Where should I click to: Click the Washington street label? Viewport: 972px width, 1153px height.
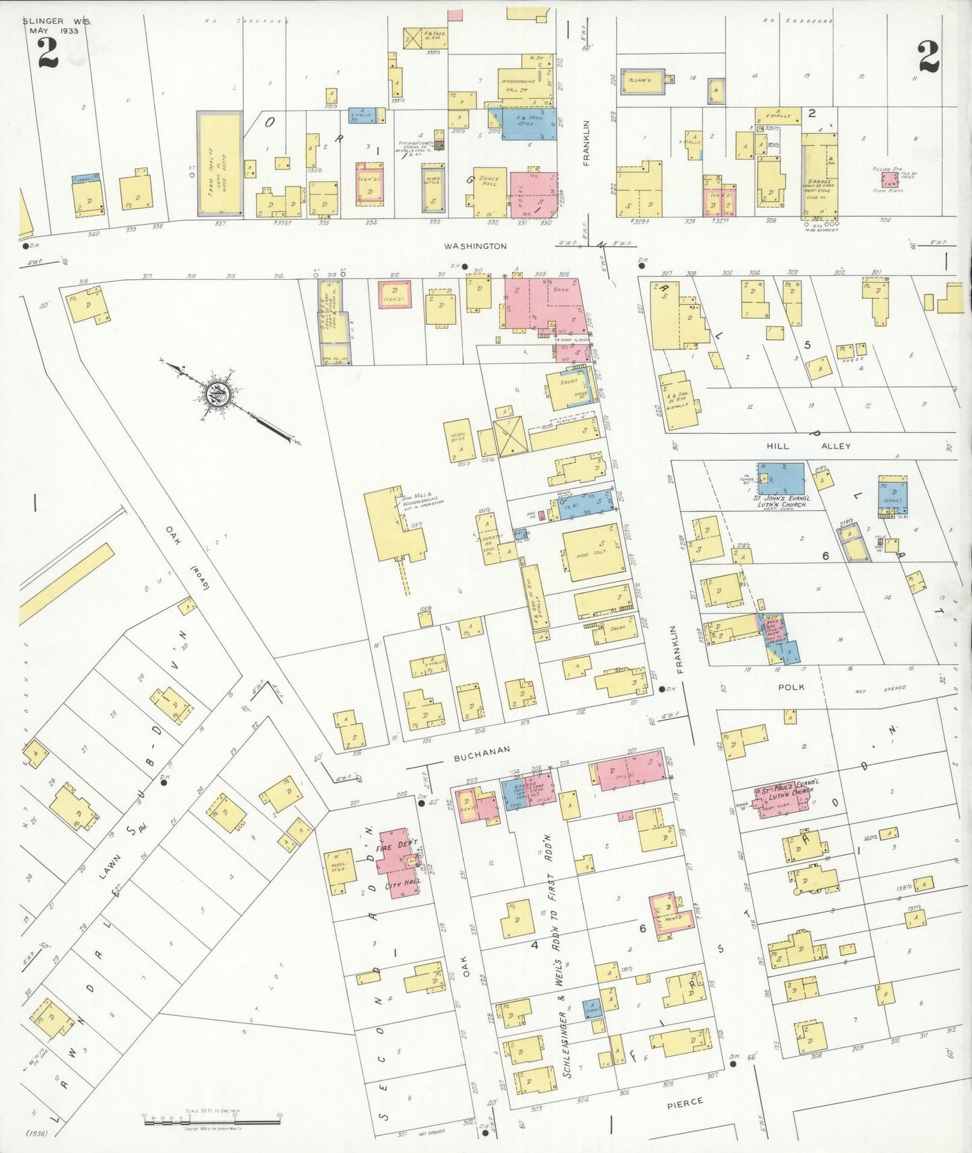(x=475, y=246)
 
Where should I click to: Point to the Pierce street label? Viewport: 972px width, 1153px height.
(x=685, y=1101)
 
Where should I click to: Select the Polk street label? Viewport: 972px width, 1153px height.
(x=791, y=687)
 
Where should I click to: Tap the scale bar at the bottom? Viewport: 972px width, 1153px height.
(x=212, y=1121)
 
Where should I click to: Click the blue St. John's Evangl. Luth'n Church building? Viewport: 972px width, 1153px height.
(x=780, y=478)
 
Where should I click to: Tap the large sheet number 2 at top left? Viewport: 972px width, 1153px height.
(x=47, y=53)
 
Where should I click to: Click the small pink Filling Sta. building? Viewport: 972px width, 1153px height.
(x=890, y=180)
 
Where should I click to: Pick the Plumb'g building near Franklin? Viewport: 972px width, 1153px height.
(x=642, y=81)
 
